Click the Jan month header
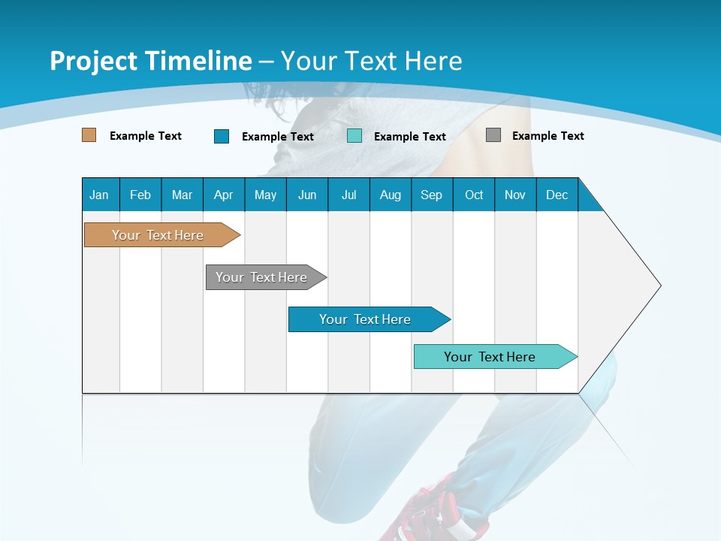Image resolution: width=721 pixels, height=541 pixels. tap(99, 195)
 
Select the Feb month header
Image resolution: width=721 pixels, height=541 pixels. tap(140, 195)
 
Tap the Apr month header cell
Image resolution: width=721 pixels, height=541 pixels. tap(223, 195)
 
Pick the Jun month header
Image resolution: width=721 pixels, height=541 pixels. tap(307, 195)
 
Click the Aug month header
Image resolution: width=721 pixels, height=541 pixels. tap(391, 195)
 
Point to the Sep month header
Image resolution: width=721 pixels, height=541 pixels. tap(431, 195)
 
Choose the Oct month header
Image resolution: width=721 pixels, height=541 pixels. tap(474, 195)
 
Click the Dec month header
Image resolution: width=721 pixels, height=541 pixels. tap(557, 195)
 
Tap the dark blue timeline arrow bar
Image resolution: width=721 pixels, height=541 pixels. tap(366, 319)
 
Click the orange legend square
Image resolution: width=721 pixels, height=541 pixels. tap(89, 135)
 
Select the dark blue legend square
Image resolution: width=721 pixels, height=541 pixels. tap(222, 136)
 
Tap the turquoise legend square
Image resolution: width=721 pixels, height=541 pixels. tap(354, 136)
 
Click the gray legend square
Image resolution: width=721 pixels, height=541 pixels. tap(493, 135)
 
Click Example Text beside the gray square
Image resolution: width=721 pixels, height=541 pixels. tap(548, 136)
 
